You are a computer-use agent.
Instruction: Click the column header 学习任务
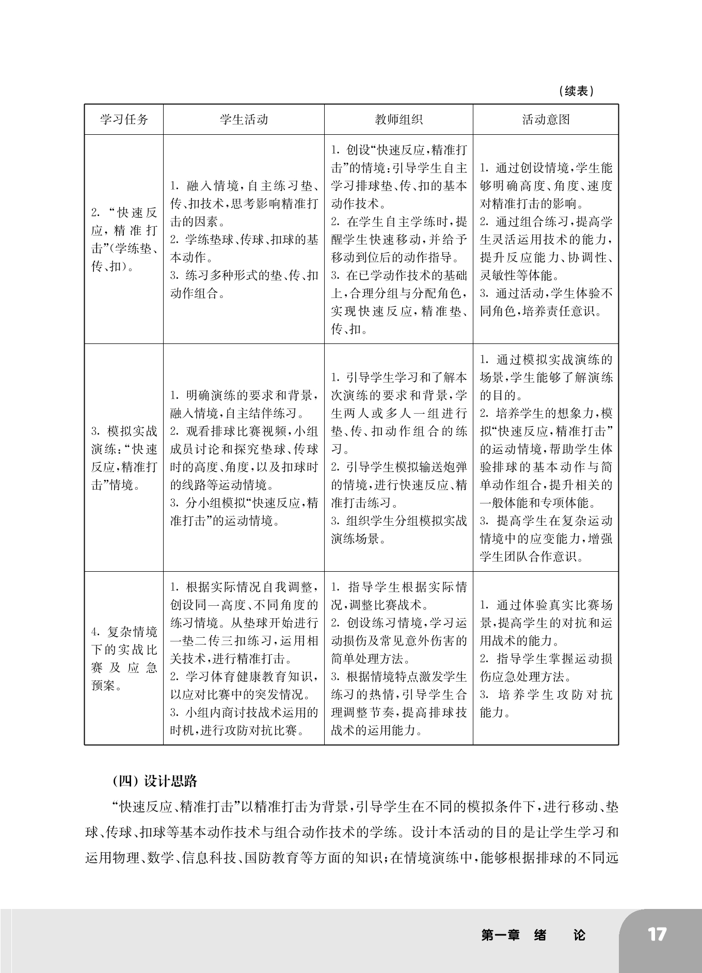(124, 120)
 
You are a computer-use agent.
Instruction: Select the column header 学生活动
(244, 120)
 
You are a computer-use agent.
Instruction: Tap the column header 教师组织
(398, 120)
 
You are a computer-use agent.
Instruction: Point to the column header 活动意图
(546, 120)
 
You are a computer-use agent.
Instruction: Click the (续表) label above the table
(576, 91)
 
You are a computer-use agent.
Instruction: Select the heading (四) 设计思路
(154, 781)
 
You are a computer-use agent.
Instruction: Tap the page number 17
(657, 934)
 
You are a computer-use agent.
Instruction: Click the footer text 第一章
(500, 935)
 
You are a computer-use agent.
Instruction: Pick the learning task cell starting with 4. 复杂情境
(124, 658)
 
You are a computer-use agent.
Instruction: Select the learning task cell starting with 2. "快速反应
(124, 239)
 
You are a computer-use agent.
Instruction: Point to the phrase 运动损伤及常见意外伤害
(398, 641)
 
